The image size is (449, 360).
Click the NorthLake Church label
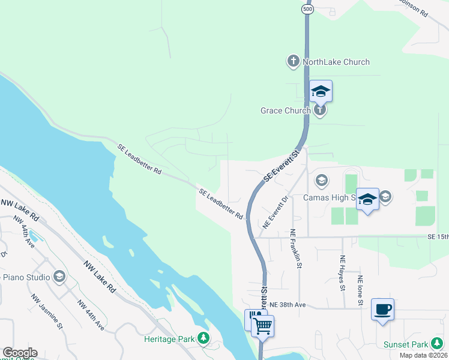(336, 62)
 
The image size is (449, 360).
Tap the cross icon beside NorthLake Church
(293, 61)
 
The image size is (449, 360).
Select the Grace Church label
(285, 110)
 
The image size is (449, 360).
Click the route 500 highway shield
(307, 10)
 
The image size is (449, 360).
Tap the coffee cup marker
(382, 310)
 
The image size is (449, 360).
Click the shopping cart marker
(262, 326)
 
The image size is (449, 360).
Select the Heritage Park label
(169, 339)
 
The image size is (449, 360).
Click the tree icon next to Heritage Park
(203, 340)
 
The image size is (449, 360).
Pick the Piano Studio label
(24, 277)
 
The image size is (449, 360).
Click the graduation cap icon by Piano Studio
(59, 277)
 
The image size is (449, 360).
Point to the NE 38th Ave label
(288, 305)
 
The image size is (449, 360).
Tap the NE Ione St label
(360, 292)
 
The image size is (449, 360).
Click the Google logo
(20, 353)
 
